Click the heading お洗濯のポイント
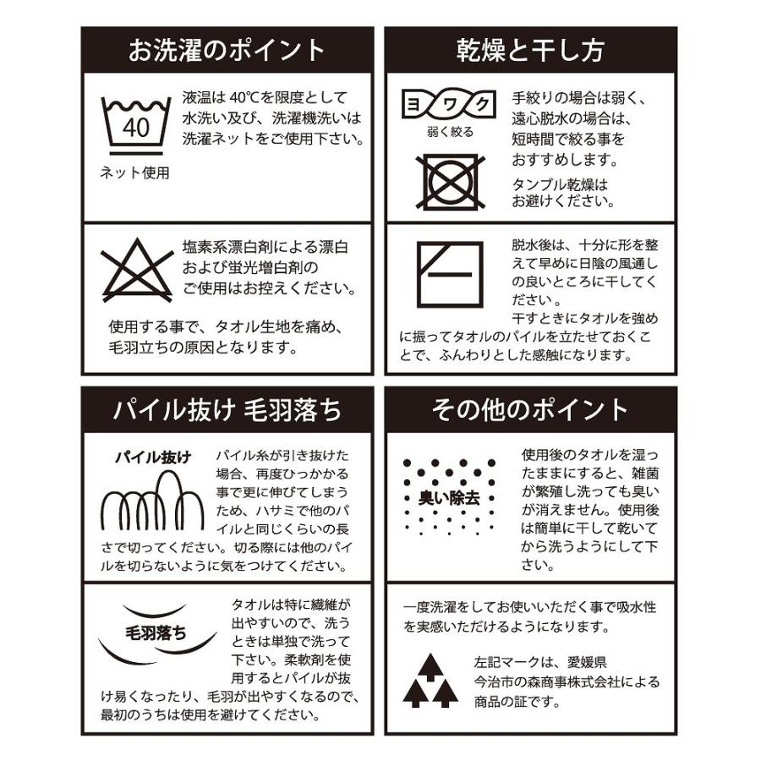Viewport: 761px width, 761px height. coord(227,50)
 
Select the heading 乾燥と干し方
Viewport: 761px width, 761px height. coord(530,50)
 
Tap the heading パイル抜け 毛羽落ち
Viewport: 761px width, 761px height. coord(227,410)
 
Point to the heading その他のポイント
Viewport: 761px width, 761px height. coord(530,410)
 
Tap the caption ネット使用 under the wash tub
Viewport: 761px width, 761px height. coord(135,173)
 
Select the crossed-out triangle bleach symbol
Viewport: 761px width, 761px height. coord(137,269)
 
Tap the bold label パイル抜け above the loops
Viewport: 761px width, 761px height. coord(153,457)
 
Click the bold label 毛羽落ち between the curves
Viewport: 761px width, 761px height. coord(156,633)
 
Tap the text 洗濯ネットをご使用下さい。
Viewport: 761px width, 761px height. coord(274,138)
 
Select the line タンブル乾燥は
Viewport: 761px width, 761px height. coord(560,183)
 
